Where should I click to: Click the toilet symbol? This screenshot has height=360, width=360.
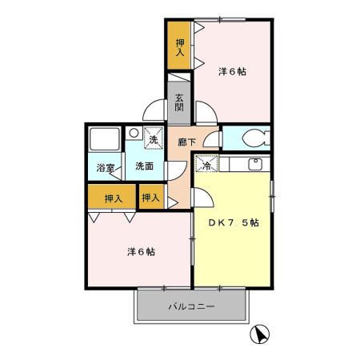click(x=254, y=137)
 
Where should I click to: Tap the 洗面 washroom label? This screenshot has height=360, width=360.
click(x=144, y=166)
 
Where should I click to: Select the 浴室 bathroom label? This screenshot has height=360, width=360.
click(x=106, y=168)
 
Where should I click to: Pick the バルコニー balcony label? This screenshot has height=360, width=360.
click(x=190, y=306)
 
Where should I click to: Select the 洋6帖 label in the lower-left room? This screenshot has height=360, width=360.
click(x=141, y=251)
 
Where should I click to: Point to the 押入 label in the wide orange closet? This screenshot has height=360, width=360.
click(x=112, y=198)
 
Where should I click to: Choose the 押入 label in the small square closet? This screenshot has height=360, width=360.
click(x=150, y=197)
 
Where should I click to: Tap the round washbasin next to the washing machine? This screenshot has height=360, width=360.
click(x=134, y=134)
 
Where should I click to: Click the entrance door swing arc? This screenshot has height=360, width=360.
click(x=152, y=112)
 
